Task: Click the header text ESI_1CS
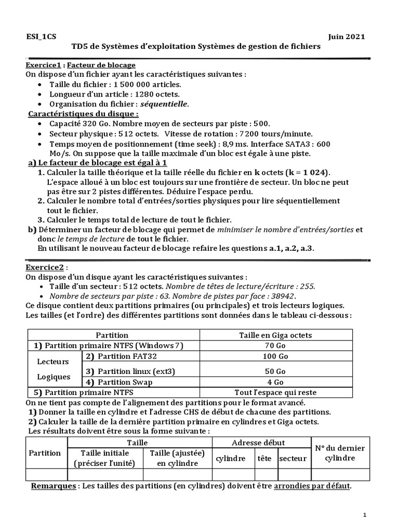pos(41,36)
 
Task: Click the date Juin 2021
pos(346,36)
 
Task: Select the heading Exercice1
pos(44,65)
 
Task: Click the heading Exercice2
pos(45,267)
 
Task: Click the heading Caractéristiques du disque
pos(83,114)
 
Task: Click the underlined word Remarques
pos(54,485)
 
